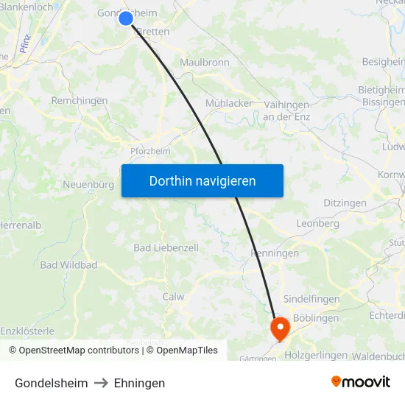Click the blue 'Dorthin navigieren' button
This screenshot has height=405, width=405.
(202, 180)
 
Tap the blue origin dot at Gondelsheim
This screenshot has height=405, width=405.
(126, 18)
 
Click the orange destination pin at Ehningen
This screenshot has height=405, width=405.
(281, 328)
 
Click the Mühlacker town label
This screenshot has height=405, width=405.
(229, 104)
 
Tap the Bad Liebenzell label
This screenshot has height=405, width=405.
(166, 248)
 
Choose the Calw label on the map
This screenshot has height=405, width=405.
(173, 297)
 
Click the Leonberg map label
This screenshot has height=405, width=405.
(317, 223)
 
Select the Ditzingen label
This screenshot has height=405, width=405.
(345, 202)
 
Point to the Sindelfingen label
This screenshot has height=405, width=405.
(311, 300)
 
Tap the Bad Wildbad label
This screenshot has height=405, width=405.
(68, 265)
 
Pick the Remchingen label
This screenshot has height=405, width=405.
(80, 101)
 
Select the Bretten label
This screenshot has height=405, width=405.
(153, 32)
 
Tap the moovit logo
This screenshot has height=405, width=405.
(361, 381)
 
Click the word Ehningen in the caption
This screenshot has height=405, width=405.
(139, 383)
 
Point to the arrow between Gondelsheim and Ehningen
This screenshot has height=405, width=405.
(101, 383)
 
